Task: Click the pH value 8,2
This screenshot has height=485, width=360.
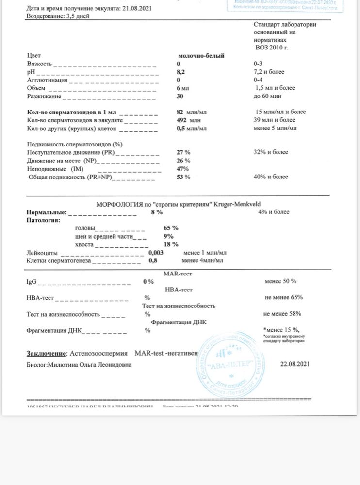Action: pyautogui.click(x=181, y=72)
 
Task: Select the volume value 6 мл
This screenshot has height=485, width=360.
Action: pyautogui.click(x=182, y=88)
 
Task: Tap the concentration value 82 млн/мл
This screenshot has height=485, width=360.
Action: pyautogui.click(x=192, y=112)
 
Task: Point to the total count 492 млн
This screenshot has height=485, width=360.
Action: pyautogui.click(x=188, y=120)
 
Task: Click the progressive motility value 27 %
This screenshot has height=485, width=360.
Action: pyautogui.click(x=183, y=152)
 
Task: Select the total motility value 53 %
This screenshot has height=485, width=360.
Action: pyautogui.click(x=183, y=177)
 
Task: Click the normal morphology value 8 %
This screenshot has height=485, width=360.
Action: pyautogui.click(x=157, y=212)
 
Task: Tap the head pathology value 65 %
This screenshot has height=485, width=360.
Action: pyautogui.click(x=171, y=227)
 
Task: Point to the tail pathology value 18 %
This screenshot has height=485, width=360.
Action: pyautogui.click(x=171, y=244)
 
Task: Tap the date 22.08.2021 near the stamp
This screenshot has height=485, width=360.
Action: pyautogui.click(x=295, y=364)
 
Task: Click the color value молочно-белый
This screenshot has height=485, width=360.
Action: pyautogui.click(x=201, y=56)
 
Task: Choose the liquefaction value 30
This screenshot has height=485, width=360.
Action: pyautogui.click(x=180, y=96)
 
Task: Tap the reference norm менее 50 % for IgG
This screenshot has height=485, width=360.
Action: pyautogui.click(x=280, y=281)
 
